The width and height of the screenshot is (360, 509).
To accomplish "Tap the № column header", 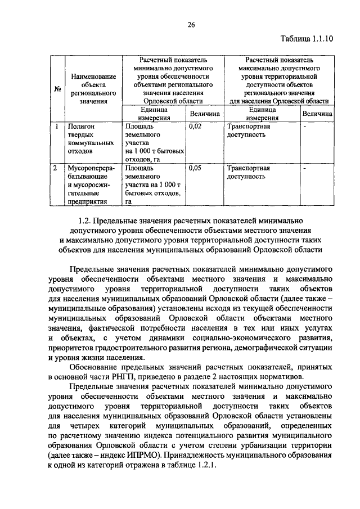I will coord(57,89).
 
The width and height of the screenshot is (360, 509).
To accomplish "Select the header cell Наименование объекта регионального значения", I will coord(93,89).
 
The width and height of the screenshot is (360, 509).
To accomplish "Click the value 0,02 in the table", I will coord(195,127).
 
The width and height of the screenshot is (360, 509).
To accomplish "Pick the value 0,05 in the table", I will coord(195,168).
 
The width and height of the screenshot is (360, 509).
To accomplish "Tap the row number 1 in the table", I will coord(57,127).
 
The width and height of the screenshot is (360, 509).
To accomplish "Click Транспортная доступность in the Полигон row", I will coord(248,131).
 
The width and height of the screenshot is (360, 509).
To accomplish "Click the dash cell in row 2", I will coord(304,168).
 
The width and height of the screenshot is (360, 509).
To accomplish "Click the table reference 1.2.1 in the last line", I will coord(204,469).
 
